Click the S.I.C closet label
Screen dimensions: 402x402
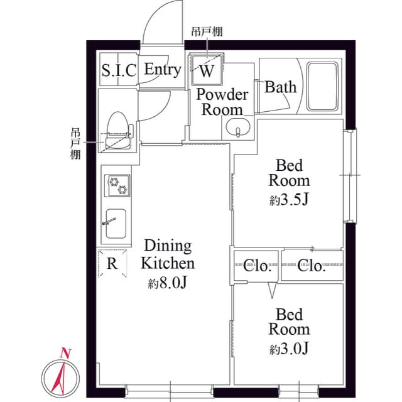click(x=119, y=70)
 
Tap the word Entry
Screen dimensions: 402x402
click(x=163, y=70)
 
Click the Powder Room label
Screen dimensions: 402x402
click(x=222, y=102)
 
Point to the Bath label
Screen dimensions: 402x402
click(x=280, y=87)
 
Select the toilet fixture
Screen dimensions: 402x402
click(x=117, y=128)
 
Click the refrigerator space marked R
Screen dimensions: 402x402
click(x=112, y=263)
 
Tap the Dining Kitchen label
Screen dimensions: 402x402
click(x=167, y=254)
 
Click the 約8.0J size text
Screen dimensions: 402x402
click(x=167, y=284)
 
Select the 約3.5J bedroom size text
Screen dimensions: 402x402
click(x=290, y=202)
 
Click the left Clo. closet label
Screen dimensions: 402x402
click(x=258, y=266)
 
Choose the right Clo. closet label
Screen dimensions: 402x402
click(x=312, y=266)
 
